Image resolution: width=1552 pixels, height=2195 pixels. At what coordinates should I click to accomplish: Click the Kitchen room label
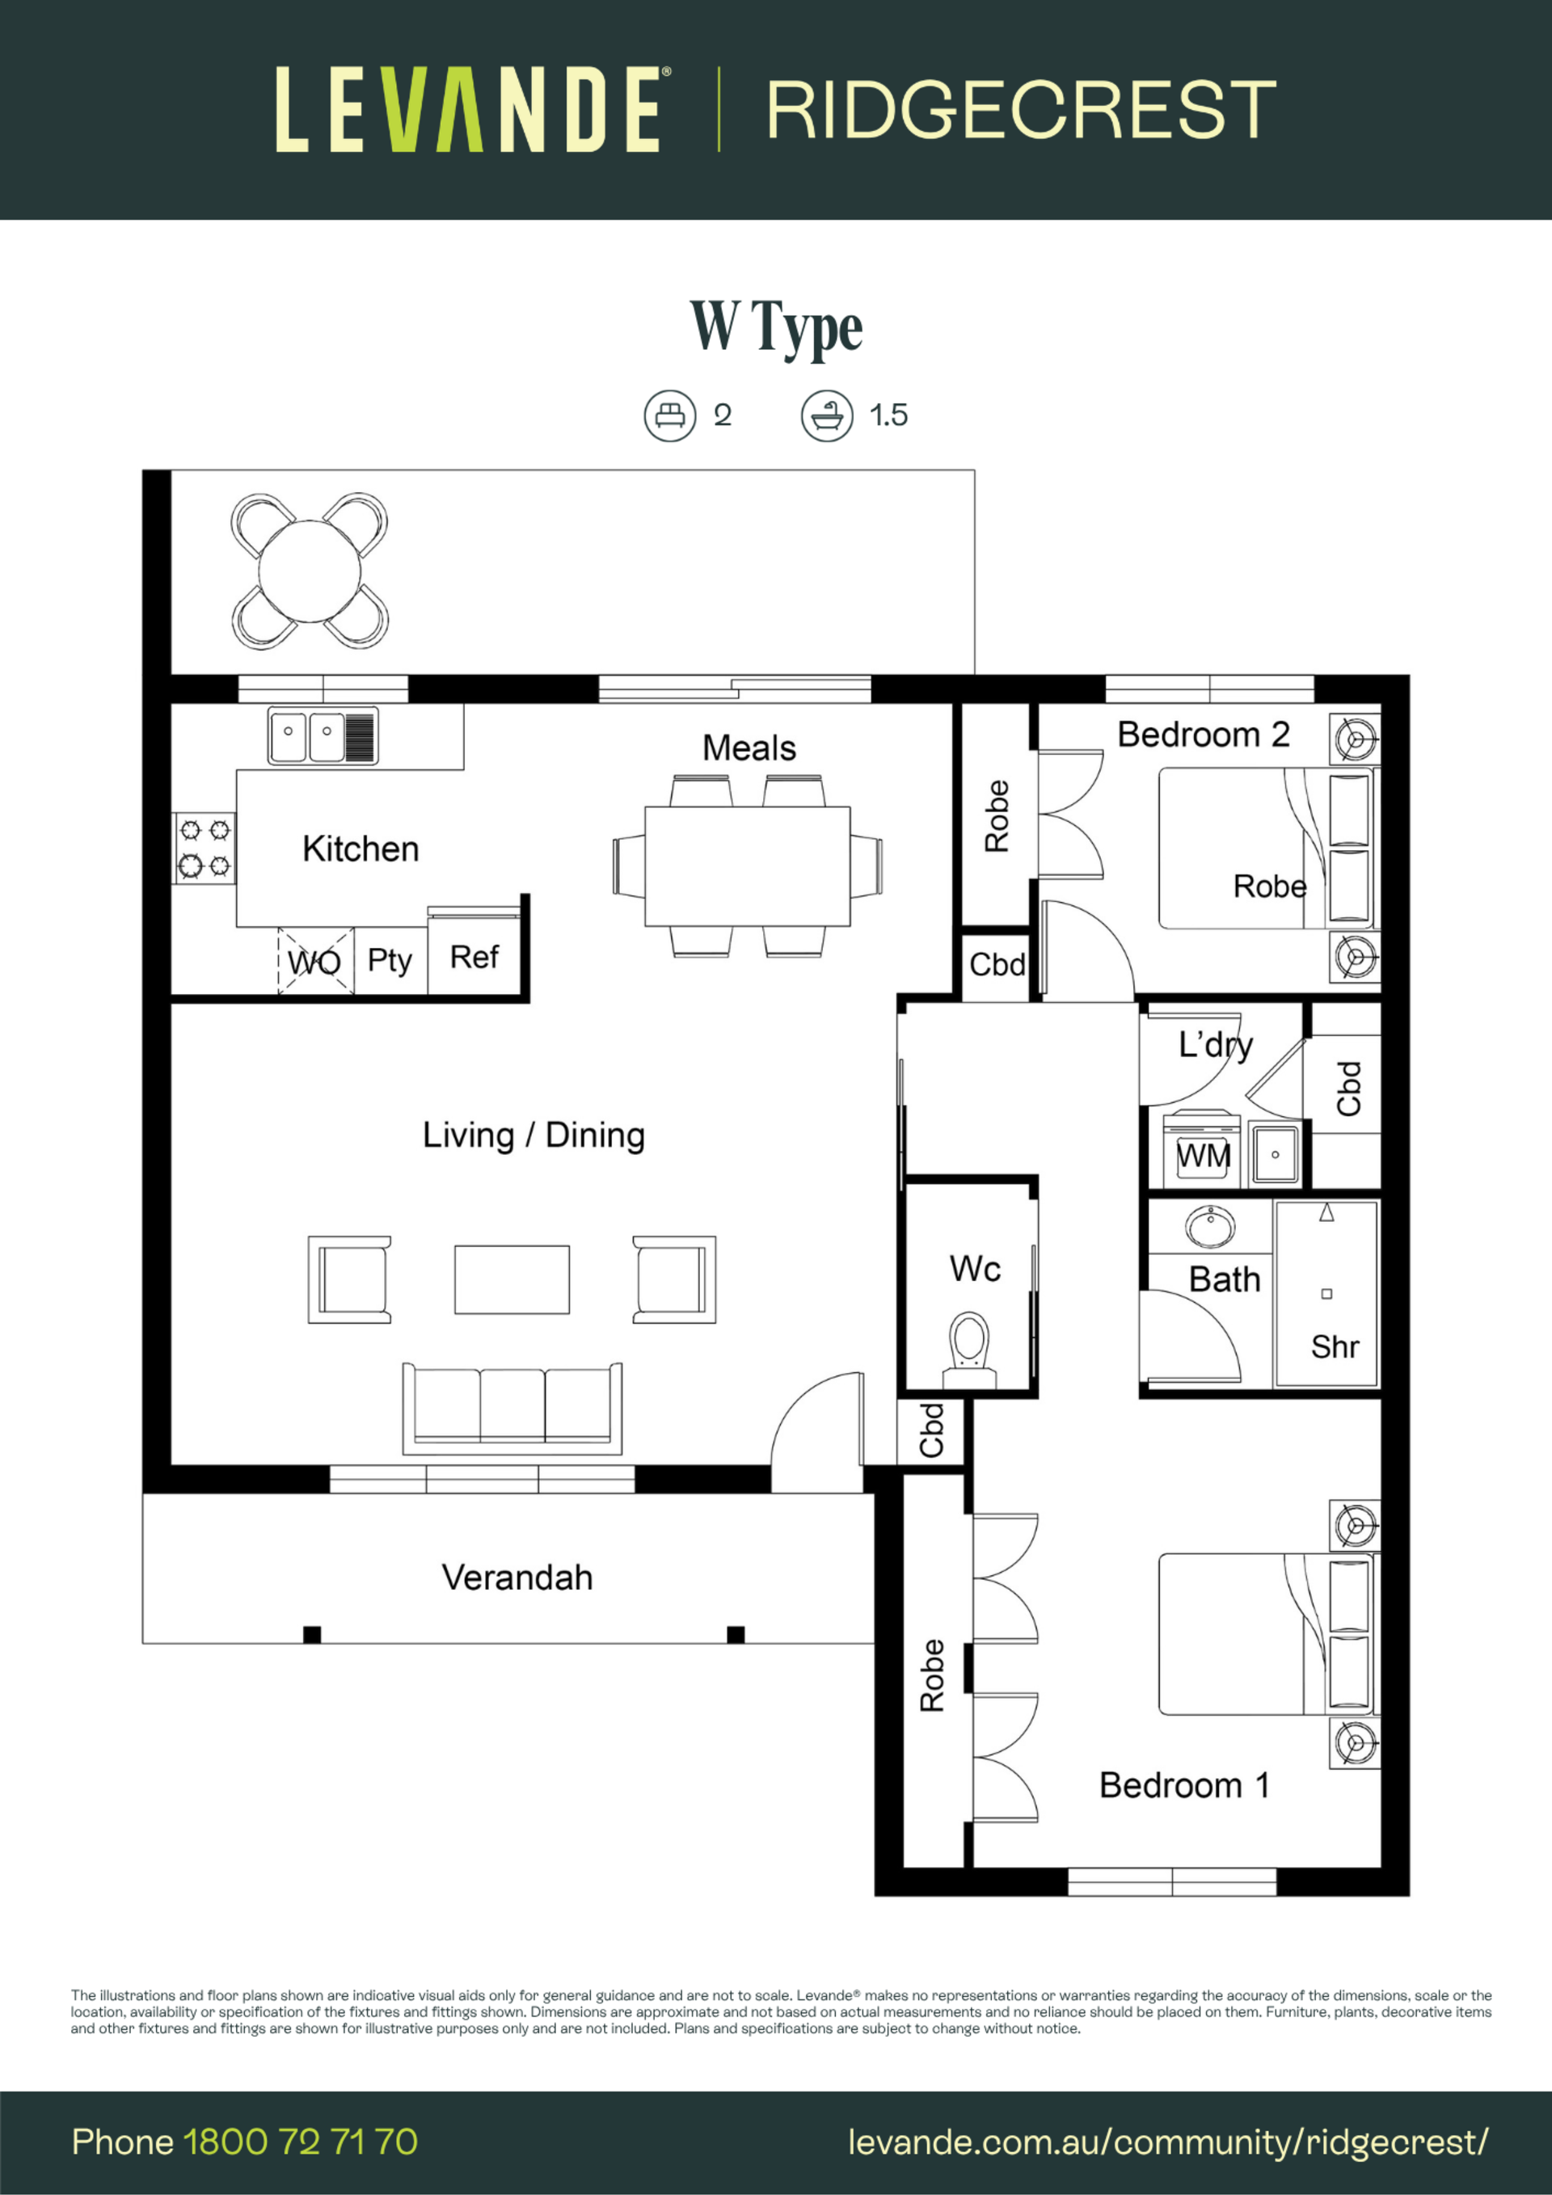[361, 849]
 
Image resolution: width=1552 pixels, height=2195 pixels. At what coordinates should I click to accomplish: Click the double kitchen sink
[323, 736]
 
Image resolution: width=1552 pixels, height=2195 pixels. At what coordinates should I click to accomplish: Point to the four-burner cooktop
[205, 848]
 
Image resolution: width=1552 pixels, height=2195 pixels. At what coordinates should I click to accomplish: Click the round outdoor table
[310, 571]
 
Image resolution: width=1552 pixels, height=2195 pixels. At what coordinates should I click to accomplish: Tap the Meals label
[749, 748]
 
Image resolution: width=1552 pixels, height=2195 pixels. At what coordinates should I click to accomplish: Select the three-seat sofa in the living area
[512, 1408]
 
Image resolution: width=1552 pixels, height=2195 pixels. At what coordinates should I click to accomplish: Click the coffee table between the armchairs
[512, 1279]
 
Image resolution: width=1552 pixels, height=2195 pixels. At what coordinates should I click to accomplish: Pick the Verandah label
[517, 1578]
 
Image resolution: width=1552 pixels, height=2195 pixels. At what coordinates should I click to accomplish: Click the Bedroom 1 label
[1184, 1785]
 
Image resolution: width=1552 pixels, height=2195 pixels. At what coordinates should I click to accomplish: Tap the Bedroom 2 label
[1203, 734]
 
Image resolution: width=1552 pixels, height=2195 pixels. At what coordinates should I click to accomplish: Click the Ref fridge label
[474, 956]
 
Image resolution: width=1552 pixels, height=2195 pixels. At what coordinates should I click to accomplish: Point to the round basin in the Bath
[1209, 1227]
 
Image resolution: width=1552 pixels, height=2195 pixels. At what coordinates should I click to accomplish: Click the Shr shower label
[1335, 1347]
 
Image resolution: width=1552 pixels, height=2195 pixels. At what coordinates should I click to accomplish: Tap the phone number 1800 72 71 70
[300, 2142]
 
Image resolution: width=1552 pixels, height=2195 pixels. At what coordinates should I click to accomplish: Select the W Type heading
[777, 328]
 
